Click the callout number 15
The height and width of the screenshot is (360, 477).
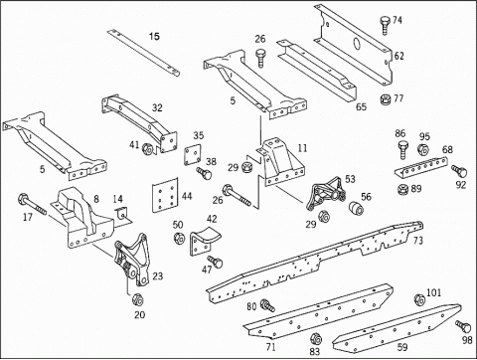[154, 36]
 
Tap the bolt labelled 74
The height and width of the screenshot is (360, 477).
[385, 25]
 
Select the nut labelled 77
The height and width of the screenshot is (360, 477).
[386, 99]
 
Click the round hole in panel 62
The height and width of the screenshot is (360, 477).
[358, 43]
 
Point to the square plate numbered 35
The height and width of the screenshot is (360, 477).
[193, 154]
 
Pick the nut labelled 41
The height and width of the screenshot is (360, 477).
[147, 149]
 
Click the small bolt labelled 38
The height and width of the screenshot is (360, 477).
[204, 173]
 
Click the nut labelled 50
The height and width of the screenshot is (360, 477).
[179, 239]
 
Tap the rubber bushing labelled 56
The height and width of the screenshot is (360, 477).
[356, 208]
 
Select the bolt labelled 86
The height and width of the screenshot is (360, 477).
[401, 150]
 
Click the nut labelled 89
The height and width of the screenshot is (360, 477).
[402, 189]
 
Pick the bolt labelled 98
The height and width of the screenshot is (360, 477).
[463, 326]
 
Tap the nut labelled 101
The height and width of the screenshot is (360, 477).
[419, 299]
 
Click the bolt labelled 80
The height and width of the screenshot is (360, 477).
[267, 305]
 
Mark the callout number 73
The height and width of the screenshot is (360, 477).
[418, 241]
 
